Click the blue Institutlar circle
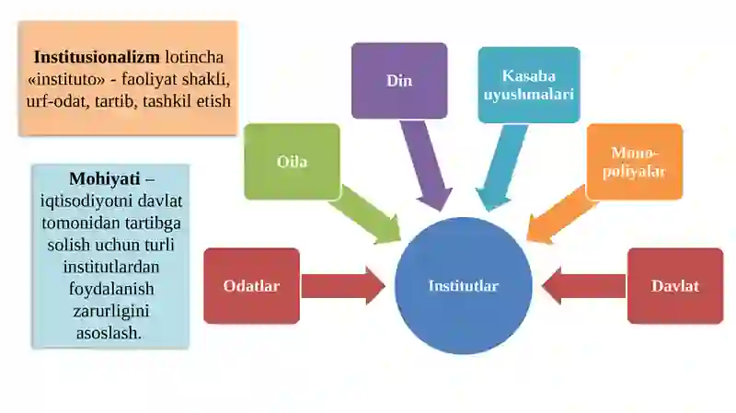click(464, 285)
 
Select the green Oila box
click(292, 162)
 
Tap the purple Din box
click(399, 81)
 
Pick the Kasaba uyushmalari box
click(529, 85)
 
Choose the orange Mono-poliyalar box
click(634, 162)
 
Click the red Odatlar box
click(251, 286)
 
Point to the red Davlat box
click(675, 286)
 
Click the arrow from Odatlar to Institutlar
click(342, 286)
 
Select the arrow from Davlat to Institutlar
click(584, 286)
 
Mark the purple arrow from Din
click(426, 166)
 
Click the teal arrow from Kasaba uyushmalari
click(500, 167)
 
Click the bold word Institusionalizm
click(97, 57)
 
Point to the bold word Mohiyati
click(105, 178)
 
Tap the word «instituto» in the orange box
click(66, 79)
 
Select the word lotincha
click(194, 57)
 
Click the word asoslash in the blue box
click(109, 333)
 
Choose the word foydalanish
click(111, 289)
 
